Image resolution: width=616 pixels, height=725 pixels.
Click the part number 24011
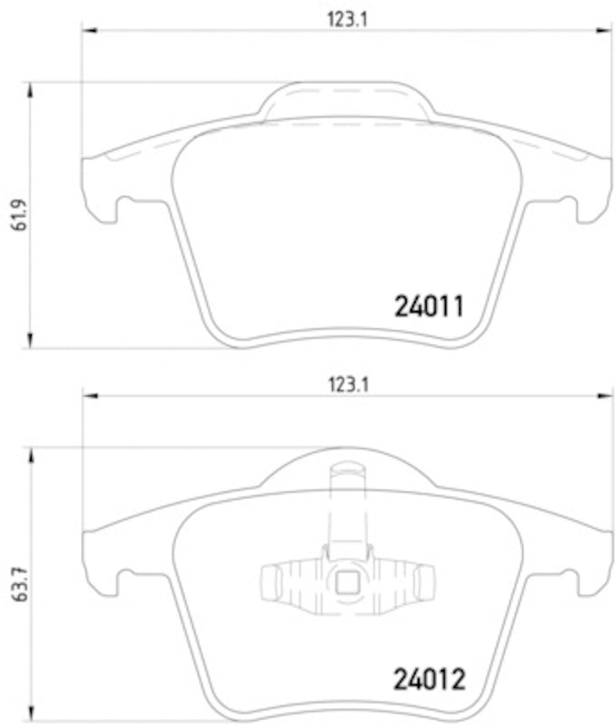coord(429,307)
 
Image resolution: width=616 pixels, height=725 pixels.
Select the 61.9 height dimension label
coord(14,215)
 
